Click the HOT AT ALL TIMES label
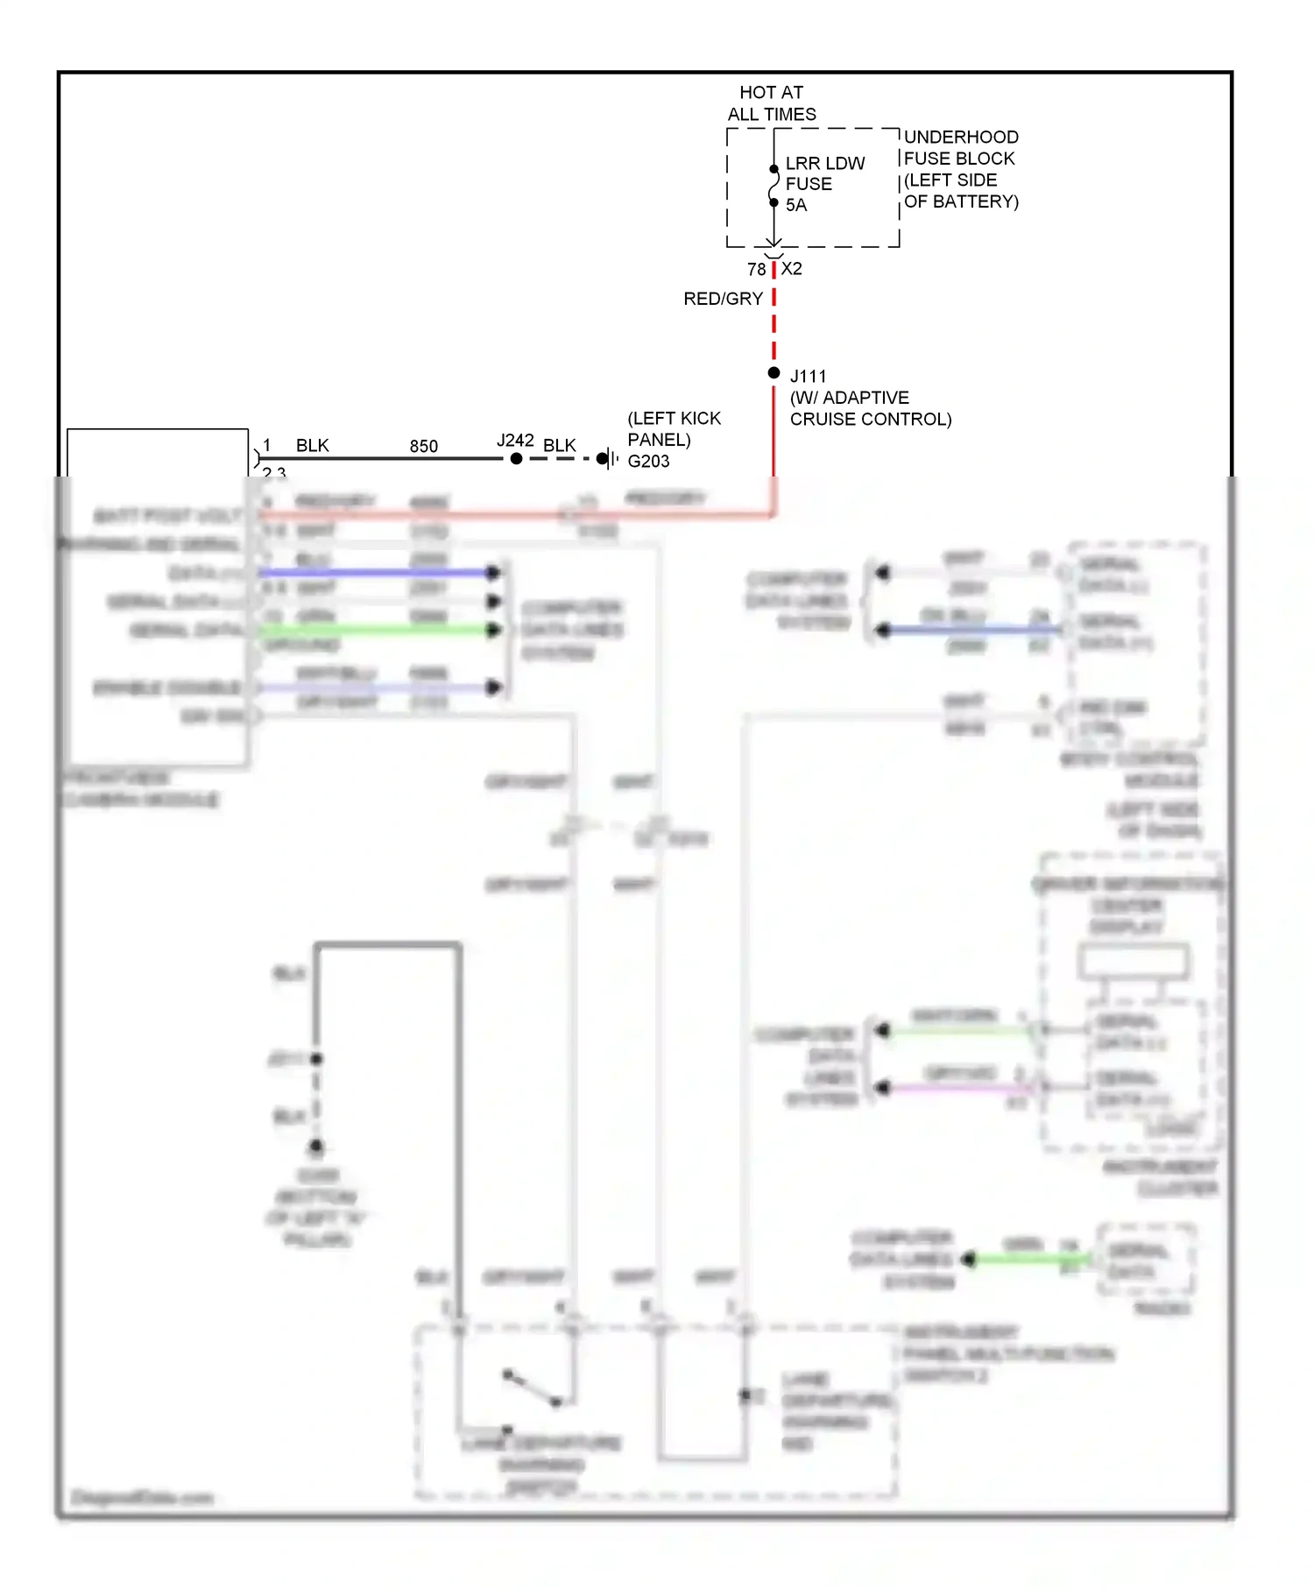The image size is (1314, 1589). point(771,103)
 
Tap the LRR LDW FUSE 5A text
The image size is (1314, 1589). point(823,184)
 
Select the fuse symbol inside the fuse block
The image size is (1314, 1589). point(774,186)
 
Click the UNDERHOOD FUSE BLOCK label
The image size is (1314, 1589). point(960,169)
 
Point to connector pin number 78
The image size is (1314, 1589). point(756,270)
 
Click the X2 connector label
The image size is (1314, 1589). point(792,269)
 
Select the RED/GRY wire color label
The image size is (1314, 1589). point(723,299)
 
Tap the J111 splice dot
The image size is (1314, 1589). point(774,373)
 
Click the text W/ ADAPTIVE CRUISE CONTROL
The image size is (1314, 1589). point(869,408)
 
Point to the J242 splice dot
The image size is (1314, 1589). point(516,458)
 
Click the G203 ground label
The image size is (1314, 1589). point(648,462)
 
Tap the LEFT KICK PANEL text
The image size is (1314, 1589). point(674,428)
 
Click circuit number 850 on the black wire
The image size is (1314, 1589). point(423,447)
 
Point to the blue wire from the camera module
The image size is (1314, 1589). point(377,572)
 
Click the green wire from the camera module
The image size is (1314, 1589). point(377,630)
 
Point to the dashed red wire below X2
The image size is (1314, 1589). point(774,324)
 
